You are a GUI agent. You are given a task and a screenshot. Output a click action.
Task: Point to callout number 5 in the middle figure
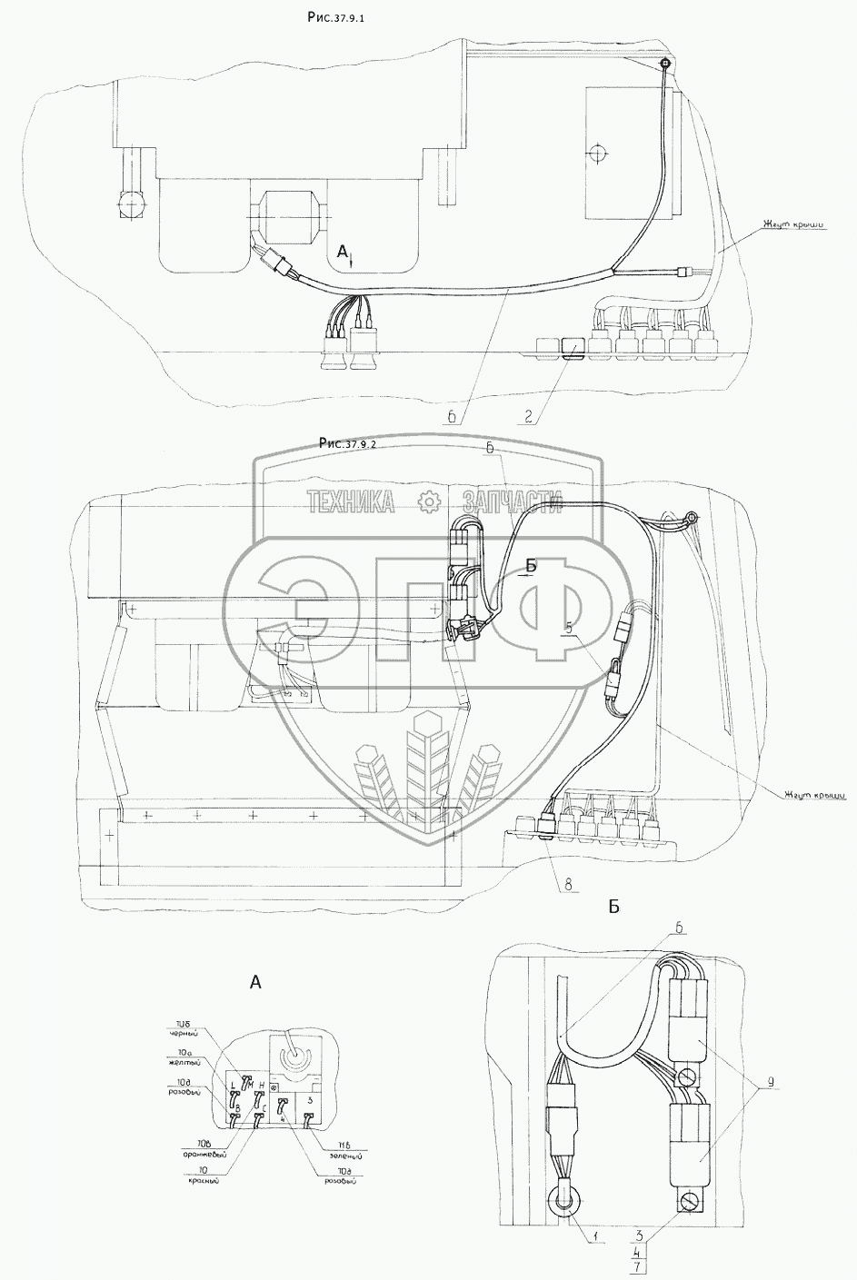(569, 627)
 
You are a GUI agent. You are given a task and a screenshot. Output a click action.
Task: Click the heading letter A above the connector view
(254, 981)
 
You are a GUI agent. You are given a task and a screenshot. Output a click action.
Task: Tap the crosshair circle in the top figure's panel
(595, 153)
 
